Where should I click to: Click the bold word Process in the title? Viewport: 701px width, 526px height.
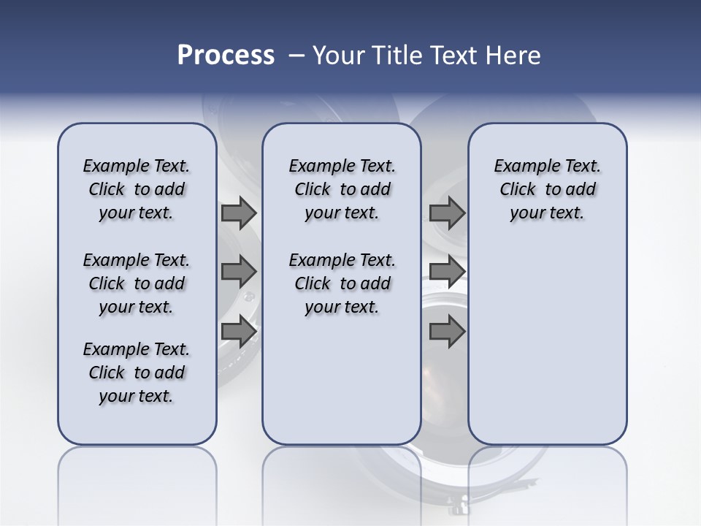click(226, 56)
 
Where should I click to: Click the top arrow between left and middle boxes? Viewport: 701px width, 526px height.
click(239, 213)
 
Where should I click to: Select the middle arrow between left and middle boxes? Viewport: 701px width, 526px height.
click(239, 272)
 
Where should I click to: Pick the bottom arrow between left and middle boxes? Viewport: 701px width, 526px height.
click(239, 331)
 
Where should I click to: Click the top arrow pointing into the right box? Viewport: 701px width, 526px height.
click(447, 213)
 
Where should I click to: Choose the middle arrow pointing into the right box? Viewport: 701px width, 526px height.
click(447, 272)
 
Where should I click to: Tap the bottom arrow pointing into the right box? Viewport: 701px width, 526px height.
click(447, 331)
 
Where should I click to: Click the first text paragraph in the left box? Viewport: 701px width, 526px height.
click(137, 189)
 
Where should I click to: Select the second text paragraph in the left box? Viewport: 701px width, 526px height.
click(137, 283)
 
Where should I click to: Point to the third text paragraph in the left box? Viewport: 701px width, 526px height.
click(137, 373)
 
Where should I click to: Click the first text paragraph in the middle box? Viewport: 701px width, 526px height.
click(342, 189)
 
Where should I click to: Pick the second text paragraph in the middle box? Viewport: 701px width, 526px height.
click(342, 283)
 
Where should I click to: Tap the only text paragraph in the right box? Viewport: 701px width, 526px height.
click(547, 189)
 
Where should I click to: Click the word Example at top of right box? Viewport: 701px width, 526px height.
click(524, 167)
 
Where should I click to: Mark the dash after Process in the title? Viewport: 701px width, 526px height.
click(296, 56)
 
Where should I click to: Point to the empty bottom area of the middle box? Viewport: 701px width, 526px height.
click(342, 387)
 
